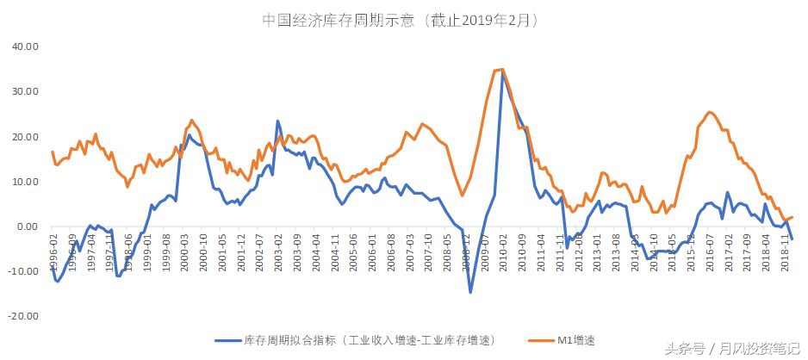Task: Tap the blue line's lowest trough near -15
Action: coord(470,292)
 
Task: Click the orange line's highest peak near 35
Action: coord(501,70)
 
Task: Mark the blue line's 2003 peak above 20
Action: coord(278,121)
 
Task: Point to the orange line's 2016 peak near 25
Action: coord(709,112)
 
